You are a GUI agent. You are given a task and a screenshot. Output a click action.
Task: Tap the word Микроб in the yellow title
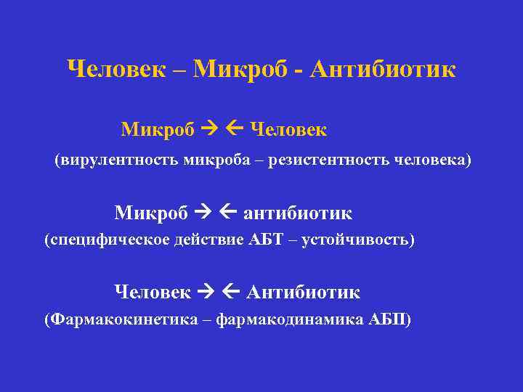(x=243, y=70)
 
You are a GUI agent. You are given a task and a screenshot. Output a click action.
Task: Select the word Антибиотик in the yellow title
(x=383, y=70)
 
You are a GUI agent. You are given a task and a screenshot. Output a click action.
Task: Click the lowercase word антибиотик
(x=298, y=213)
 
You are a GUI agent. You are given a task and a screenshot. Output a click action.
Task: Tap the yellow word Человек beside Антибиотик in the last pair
(x=153, y=292)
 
